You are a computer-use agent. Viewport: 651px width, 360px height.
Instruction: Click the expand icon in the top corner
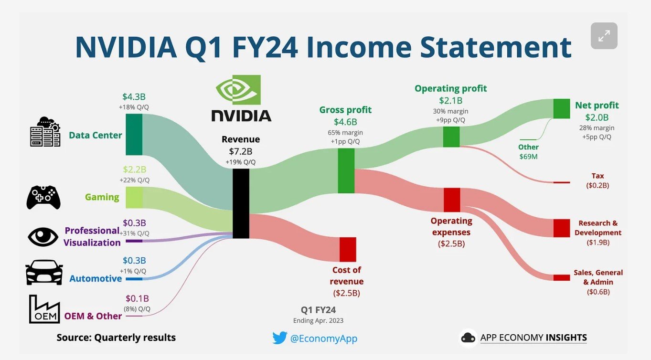(604, 36)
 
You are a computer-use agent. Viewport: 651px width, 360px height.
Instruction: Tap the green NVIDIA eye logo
(238, 90)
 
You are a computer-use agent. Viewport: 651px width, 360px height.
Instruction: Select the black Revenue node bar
(241, 203)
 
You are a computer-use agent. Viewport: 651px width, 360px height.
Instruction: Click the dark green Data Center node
(134, 134)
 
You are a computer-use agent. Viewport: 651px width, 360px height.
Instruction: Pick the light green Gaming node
(134, 197)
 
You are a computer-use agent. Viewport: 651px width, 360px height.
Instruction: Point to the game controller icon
(43, 197)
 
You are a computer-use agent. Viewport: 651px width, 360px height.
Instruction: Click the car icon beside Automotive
(44, 272)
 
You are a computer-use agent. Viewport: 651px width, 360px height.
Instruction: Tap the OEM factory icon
(44, 309)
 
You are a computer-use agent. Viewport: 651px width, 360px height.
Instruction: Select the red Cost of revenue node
(348, 249)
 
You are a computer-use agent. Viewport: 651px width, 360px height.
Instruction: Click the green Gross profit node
(346, 170)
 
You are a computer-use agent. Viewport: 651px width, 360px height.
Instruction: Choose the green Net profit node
(562, 109)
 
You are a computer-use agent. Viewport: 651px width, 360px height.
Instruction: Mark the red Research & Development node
(562, 228)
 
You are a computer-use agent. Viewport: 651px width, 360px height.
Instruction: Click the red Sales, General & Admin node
(562, 277)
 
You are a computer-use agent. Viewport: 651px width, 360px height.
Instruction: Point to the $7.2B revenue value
(241, 151)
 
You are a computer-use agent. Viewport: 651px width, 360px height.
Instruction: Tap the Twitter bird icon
(280, 338)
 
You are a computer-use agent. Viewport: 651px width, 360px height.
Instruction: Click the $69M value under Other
(528, 157)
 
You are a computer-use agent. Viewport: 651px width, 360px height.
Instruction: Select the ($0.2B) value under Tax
(598, 185)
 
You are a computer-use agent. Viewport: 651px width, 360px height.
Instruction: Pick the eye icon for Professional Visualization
(43, 237)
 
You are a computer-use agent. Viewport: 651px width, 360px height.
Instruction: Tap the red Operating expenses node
(452, 200)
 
